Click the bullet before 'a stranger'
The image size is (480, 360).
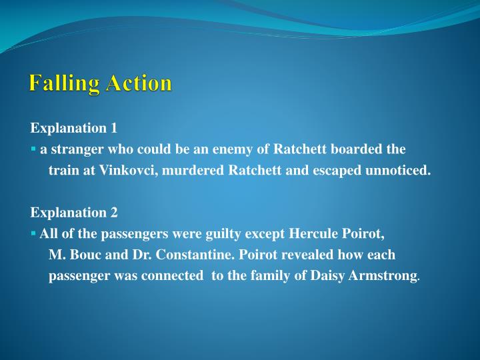point(33,149)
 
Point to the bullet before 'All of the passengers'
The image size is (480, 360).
point(33,234)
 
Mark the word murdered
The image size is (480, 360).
point(193,170)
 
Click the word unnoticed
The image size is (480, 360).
point(398,170)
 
